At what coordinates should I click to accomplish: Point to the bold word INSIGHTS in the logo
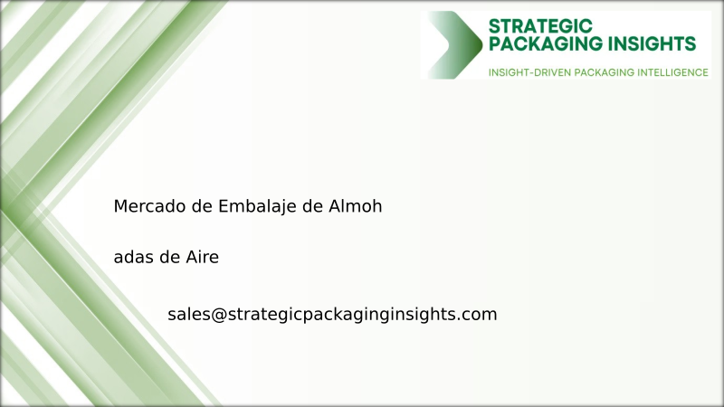653,43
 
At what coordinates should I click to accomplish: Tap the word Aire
200,258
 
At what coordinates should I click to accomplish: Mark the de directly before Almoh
312,206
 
